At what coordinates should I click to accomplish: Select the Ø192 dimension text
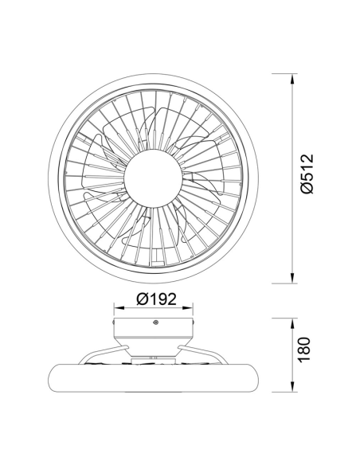click(155, 299)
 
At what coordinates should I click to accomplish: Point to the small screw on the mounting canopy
click(155, 322)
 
